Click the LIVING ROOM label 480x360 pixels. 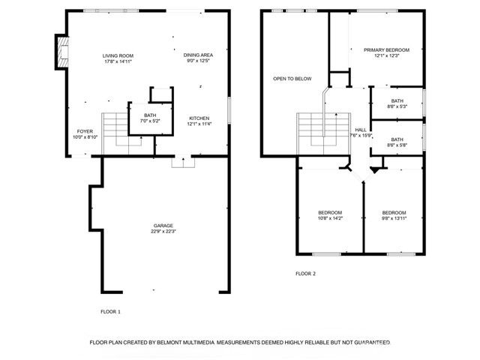(x=118, y=56)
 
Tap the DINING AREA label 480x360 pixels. (x=198, y=55)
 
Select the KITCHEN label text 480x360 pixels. (x=199, y=118)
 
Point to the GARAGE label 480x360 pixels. (x=163, y=226)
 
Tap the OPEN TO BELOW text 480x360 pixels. (x=292, y=79)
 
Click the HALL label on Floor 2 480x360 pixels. (x=361, y=129)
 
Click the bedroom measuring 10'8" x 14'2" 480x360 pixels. (x=330, y=212)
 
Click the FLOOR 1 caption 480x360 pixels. (x=110, y=311)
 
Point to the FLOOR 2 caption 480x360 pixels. (x=305, y=274)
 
